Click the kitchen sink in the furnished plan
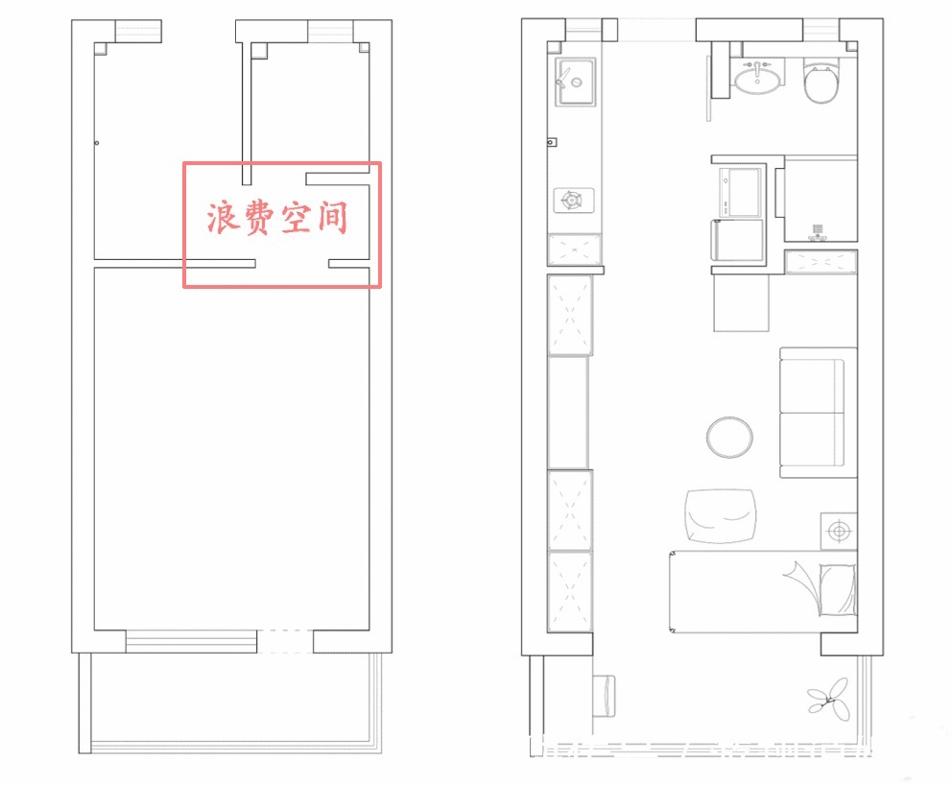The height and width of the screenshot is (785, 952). click(x=574, y=82)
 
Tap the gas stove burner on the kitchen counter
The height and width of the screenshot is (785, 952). click(x=573, y=200)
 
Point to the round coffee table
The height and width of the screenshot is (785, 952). click(x=729, y=437)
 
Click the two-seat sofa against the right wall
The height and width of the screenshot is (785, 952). click(x=818, y=413)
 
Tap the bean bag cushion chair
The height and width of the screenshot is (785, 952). click(x=721, y=515)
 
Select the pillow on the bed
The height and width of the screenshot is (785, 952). click(x=838, y=589)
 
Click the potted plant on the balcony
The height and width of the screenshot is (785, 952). click(x=828, y=699)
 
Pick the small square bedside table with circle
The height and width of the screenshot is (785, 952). click(x=839, y=532)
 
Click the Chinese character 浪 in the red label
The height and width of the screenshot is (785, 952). click(x=223, y=218)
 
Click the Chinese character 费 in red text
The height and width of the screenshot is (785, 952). click(x=259, y=218)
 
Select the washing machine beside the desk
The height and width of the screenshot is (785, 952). click(x=740, y=192)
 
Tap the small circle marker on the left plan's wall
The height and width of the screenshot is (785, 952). click(x=97, y=143)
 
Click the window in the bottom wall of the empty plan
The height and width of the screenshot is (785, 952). click(x=191, y=641)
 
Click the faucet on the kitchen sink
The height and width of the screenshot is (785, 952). click(x=563, y=77)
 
